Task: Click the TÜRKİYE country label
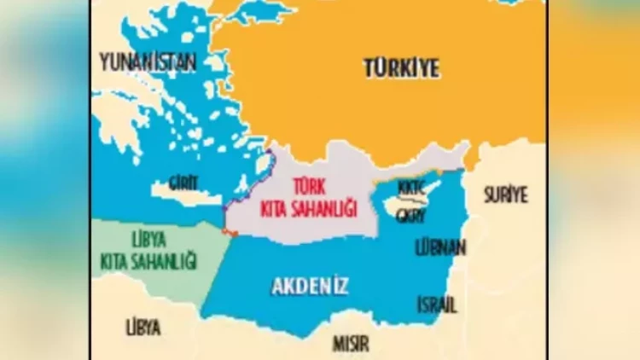402,67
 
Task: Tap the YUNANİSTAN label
147,61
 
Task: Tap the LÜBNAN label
440,248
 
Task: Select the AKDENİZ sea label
311,287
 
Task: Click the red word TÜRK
311,185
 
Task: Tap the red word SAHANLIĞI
323,207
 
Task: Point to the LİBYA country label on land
143,327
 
